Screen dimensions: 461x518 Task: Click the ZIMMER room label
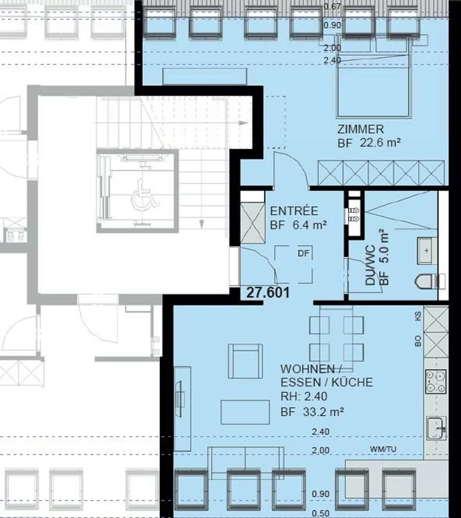pyautogui.click(x=360, y=129)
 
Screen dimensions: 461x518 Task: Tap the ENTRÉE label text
pyautogui.click(x=294, y=211)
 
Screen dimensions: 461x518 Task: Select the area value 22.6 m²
pyautogui.click(x=380, y=142)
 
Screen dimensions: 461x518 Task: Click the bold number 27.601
pyautogui.click(x=268, y=293)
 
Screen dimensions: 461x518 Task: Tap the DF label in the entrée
pyautogui.click(x=303, y=254)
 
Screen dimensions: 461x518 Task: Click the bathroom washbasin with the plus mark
pyautogui.click(x=427, y=250)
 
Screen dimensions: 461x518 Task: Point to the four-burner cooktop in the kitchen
pyautogui.click(x=436, y=381)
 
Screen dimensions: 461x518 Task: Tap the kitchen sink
pyautogui.click(x=436, y=428)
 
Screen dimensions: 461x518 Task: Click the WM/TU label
pyautogui.click(x=383, y=449)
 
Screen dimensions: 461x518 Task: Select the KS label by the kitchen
pyautogui.click(x=418, y=317)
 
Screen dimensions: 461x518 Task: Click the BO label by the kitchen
pyautogui.click(x=418, y=341)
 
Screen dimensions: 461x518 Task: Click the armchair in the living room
pyautogui.click(x=245, y=361)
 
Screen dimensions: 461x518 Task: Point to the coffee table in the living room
pyautogui.click(x=245, y=412)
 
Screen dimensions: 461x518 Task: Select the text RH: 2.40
pyautogui.click(x=304, y=396)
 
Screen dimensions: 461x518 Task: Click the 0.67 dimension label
pyautogui.click(x=332, y=6)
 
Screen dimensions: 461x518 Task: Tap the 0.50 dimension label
pyautogui.click(x=320, y=514)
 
